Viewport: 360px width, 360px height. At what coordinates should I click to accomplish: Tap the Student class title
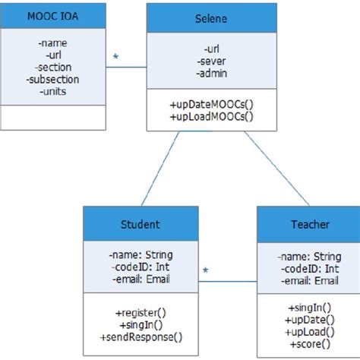pos(141,224)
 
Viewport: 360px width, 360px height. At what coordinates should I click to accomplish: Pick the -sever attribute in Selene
pos(199,62)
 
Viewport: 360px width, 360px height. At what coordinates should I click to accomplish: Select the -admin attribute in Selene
pos(199,74)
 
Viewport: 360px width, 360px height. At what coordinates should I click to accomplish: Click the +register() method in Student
pos(141,311)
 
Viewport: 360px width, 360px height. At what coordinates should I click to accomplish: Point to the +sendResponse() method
pos(141,336)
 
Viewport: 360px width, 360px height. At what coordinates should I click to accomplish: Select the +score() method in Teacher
pos(309,343)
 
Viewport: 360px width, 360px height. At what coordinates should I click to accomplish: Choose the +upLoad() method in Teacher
pos(309,331)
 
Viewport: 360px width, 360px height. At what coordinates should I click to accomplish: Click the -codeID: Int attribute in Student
pos(141,267)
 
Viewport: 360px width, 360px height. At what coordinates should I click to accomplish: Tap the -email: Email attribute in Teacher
pos(309,281)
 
